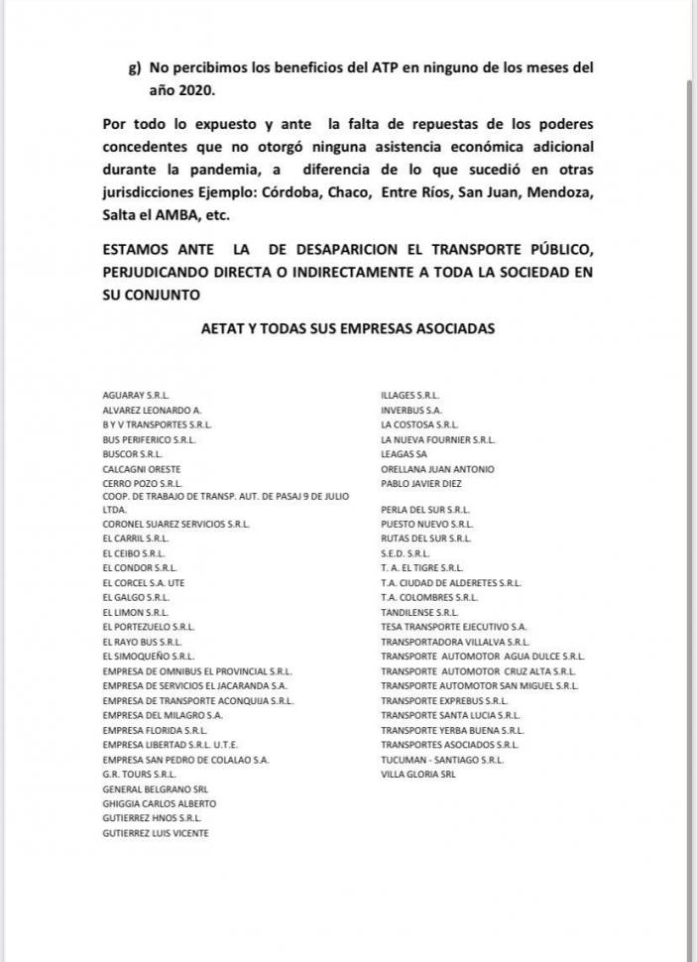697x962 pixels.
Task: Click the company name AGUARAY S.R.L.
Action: tap(136, 395)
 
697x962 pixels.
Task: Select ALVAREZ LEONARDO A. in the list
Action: tap(152, 410)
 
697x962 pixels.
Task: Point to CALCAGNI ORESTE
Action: tap(142, 469)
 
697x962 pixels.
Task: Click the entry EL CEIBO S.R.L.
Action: tap(134, 553)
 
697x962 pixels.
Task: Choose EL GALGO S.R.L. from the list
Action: tap(136, 598)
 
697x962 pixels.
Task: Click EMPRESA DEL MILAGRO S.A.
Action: tap(163, 715)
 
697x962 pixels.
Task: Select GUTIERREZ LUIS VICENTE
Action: tap(156, 834)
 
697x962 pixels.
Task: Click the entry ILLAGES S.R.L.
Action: tap(409, 395)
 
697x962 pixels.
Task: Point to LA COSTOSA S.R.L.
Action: tap(419, 424)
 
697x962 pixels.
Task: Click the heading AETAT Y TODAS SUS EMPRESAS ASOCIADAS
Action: tap(347, 327)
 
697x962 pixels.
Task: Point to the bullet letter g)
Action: tap(136, 67)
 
